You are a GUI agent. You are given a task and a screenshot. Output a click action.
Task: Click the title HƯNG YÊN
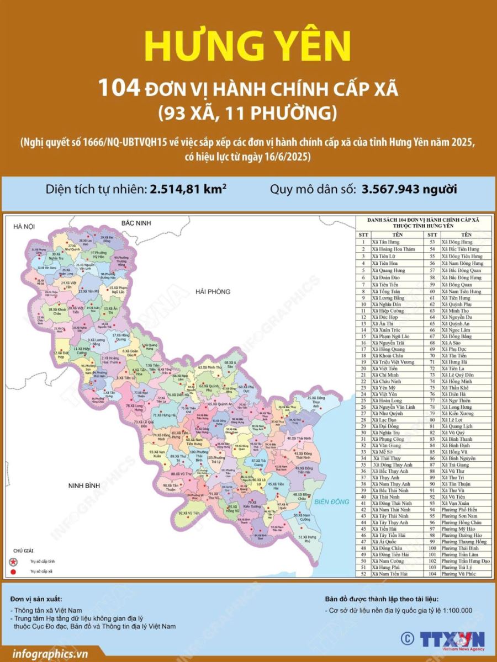[x=248, y=46]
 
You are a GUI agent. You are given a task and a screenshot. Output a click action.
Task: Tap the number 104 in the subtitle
[x=119, y=88]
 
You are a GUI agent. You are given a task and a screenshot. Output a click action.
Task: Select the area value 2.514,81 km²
[x=188, y=190]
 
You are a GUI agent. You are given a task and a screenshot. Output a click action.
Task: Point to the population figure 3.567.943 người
[x=409, y=190]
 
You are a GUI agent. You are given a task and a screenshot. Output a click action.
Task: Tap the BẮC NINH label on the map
[x=136, y=222]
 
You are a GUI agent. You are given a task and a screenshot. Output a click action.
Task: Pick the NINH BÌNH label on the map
[x=83, y=486]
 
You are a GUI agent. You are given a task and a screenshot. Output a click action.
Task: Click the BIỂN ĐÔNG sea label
[x=332, y=501]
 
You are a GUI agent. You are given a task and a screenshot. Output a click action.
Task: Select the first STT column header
[x=363, y=234]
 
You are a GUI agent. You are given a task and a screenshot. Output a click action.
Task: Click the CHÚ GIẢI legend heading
[x=23, y=551]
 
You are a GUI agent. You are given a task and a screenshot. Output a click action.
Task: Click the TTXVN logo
[x=452, y=639]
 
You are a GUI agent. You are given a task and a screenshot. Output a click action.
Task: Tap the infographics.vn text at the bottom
[x=49, y=654]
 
